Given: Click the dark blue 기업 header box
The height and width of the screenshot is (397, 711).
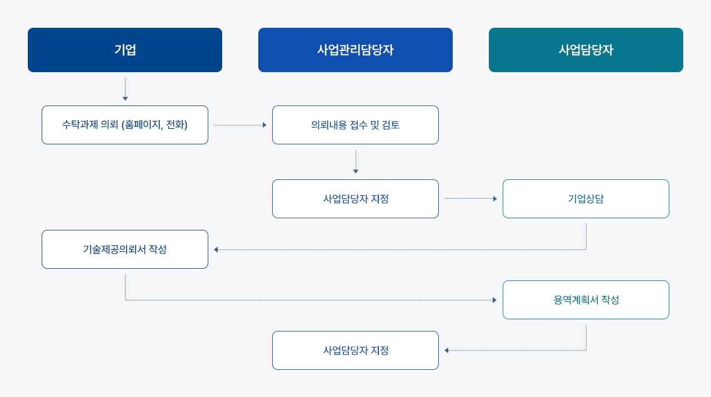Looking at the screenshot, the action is pyautogui.click(x=125, y=50).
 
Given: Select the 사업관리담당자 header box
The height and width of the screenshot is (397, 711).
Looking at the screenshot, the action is pyautogui.click(x=355, y=50).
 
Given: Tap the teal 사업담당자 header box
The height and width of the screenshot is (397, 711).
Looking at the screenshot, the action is pyautogui.click(x=585, y=50).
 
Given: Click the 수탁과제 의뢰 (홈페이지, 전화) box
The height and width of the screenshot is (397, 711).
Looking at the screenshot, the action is pyautogui.click(x=125, y=125).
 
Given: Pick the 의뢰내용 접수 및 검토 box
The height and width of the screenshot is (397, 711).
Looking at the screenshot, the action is pyautogui.click(x=355, y=125).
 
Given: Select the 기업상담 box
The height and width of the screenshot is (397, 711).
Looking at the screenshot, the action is pyautogui.click(x=585, y=199).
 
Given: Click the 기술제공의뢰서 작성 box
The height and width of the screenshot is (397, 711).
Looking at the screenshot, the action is pyautogui.click(x=125, y=249).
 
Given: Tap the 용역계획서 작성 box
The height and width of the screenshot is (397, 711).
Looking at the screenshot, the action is pyautogui.click(x=585, y=300).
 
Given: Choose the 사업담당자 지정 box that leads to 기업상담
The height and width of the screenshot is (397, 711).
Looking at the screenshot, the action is pyautogui.click(x=355, y=199).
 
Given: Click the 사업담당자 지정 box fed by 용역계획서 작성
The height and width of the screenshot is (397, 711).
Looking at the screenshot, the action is pyautogui.click(x=355, y=350).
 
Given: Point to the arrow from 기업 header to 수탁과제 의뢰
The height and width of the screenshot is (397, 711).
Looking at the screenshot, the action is pyautogui.click(x=125, y=89).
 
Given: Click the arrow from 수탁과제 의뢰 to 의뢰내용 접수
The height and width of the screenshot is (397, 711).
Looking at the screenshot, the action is pyautogui.click(x=240, y=125).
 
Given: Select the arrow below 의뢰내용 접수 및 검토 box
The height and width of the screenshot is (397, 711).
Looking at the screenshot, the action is pyautogui.click(x=355, y=162).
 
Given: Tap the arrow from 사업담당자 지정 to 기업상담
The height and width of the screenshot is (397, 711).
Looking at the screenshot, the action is pyautogui.click(x=470, y=199).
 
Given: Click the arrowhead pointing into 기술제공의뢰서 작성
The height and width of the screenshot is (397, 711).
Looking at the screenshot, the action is pyautogui.click(x=216, y=250).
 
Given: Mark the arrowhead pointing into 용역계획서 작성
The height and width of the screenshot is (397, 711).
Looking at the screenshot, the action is pyautogui.click(x=494, y=300).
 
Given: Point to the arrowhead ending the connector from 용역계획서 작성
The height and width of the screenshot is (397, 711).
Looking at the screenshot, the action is pyautogui.click(x=446, y=351).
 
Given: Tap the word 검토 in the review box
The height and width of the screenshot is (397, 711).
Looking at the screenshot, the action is pyautogui.click(x=390, y=125).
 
